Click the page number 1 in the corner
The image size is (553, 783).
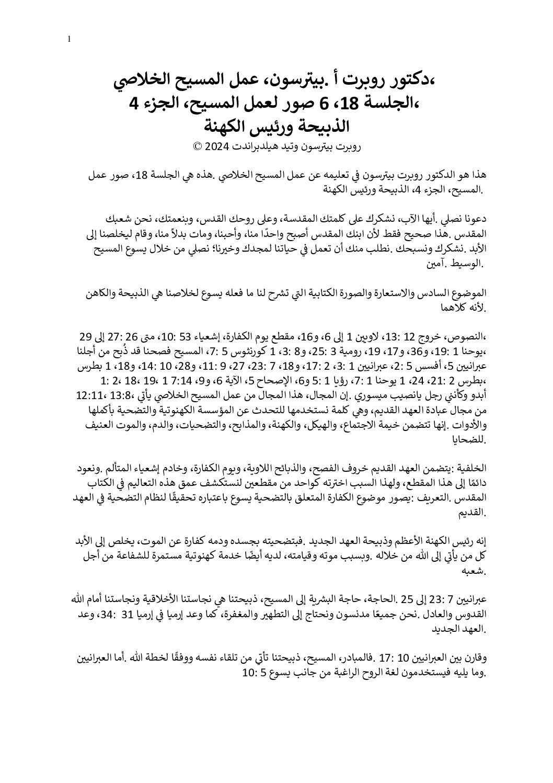tap(70, 38)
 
